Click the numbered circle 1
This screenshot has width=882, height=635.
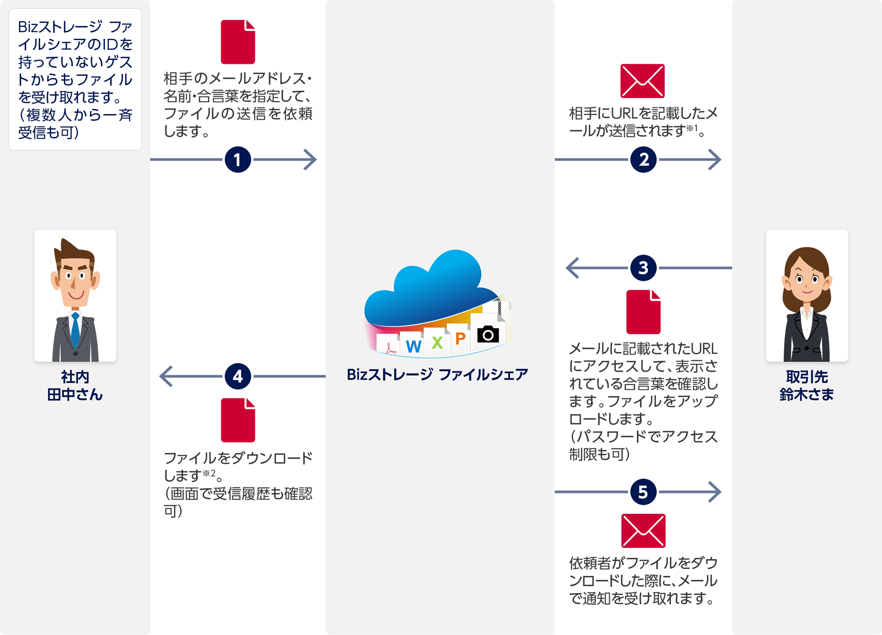click(238, 160)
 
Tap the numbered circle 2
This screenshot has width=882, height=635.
click(643, 160)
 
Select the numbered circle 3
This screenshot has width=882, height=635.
click(643, 268)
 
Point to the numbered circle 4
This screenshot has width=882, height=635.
click(238, 376)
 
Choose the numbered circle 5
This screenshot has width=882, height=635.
click(643, 492)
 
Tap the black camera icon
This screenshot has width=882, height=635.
click(488, 335)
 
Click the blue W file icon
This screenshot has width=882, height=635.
click(413, 346)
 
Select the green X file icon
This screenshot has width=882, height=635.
click(437, 343)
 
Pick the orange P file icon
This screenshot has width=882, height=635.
click(460, 339)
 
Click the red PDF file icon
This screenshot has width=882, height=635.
click(390, 349)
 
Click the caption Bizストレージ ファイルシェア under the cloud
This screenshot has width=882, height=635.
click(437, 375)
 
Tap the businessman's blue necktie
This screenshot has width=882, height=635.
click(75, 333)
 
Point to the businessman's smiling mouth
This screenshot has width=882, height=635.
click(76, 295)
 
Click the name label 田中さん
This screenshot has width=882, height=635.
click(75, 394)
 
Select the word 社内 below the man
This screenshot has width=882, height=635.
click(75, 377)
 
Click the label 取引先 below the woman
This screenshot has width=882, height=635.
click(807, 377)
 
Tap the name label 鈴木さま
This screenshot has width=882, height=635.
click(807, 394)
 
